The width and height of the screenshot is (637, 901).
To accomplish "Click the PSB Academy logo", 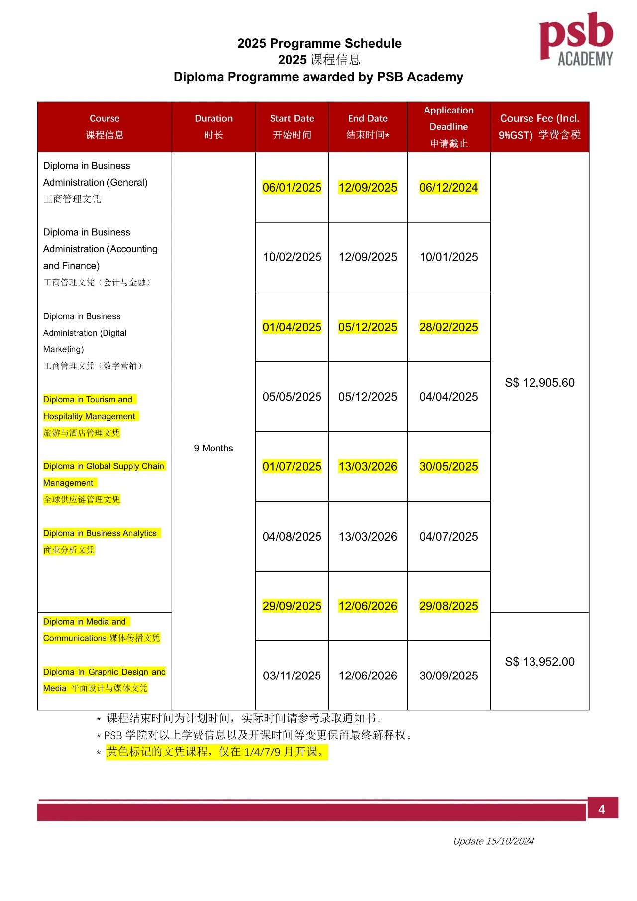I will point(576,40).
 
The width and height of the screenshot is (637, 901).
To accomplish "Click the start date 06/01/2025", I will point(292,188).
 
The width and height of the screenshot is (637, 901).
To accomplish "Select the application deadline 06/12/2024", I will point(448,188).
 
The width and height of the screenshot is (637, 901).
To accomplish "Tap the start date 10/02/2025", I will point(292,257).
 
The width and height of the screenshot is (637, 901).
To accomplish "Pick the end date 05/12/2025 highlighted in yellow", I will point(368,327).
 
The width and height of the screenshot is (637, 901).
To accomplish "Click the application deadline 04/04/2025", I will point(448,397).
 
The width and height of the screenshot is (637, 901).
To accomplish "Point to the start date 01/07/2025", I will point(292,466).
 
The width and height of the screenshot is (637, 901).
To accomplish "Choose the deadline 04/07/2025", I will point(448,537).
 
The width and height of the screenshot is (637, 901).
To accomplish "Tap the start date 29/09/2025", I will point(292,606).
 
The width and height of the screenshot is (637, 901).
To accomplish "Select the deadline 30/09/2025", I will point(448,676).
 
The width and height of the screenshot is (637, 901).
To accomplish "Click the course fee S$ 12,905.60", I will point(539,383).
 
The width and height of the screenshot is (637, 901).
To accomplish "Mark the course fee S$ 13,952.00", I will point(539,662).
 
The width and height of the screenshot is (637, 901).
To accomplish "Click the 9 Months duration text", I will point(213,448).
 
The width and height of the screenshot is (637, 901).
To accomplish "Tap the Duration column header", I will point(213,126).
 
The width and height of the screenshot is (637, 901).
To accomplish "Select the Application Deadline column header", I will point(448,126).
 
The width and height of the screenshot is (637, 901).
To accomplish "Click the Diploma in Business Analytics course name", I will point(100,533).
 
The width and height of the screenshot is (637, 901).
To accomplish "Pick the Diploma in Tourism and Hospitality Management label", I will point(90,408).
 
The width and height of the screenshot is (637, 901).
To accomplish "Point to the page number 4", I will point(602,809).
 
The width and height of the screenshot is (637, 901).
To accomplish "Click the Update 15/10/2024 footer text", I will point(493,841).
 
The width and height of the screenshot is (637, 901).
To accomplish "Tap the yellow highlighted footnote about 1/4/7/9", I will point(216,752).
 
